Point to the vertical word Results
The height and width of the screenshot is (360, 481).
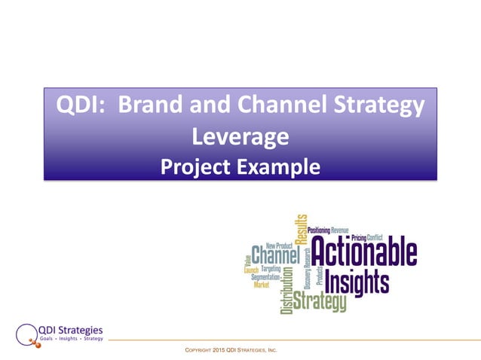click(303, 227)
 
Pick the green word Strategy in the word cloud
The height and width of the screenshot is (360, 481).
click(320, 302)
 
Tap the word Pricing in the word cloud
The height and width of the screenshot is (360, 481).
click(358, 237)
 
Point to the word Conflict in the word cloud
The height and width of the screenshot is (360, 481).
click(375, 237)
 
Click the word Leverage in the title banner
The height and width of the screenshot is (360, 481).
click(240, 136)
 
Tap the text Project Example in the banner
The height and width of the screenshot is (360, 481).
click(240, 166)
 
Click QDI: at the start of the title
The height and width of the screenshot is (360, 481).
click(78, 106)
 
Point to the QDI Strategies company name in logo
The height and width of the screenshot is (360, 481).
click(71, 329)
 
